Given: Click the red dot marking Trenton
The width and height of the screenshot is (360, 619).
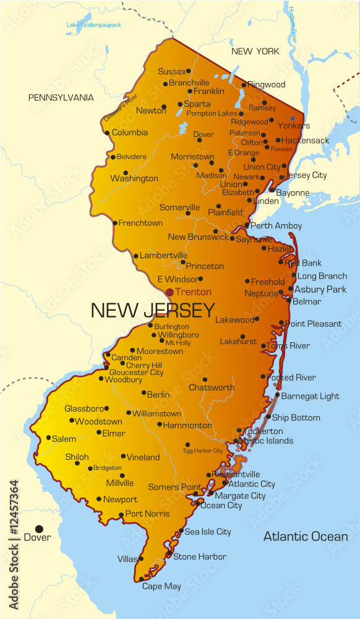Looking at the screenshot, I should tap(169, 292).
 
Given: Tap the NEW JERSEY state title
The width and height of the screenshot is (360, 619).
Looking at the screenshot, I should tap(153, 310).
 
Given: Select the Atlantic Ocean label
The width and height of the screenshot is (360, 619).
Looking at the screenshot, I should tap(306, 537).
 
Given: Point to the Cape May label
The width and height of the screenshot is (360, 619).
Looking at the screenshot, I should tap(161, 586).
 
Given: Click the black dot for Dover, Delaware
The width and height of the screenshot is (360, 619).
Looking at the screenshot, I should tap(39, 529).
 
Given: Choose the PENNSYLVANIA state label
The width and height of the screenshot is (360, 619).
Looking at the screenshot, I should tap(61, 98).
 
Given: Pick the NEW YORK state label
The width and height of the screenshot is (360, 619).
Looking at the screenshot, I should tap(255, 51).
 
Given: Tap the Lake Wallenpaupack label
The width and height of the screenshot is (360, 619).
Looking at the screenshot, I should tap(94, 25).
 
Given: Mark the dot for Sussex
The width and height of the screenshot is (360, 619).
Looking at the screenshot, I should tap(189, 71).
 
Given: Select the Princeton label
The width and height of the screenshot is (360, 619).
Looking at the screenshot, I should tap(205, 266).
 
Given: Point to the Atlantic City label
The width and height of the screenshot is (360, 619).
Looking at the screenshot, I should tap(252, 484).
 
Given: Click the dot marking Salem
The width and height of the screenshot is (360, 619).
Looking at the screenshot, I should tap(49, 438).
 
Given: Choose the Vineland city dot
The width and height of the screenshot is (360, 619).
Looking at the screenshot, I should tap(123, 456).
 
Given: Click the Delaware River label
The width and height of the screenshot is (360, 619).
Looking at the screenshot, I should tap(121, 106).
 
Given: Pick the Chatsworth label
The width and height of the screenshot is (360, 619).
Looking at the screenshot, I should tap(212, 387).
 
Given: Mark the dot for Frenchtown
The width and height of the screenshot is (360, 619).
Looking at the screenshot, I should tap(114, 223).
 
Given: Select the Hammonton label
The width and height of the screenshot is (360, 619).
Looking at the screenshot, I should tap(188, 425).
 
